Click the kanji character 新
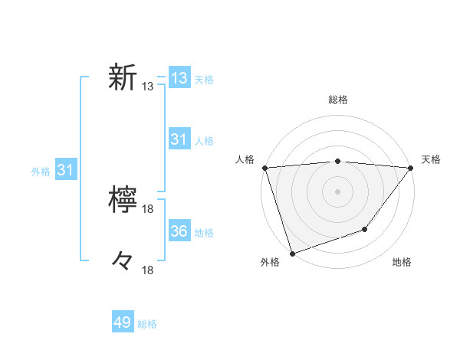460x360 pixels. (x=123, y=77)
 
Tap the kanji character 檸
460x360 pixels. (x=123, y=200)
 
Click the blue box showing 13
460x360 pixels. (x=179, y=78)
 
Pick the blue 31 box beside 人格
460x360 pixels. (x=179, y=139)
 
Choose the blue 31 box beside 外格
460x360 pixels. (x=65, y=170)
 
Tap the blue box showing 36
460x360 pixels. (x=179, y=231)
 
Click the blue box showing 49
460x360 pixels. (x=123, y=322)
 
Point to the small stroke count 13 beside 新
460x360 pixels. (x=148, y=87)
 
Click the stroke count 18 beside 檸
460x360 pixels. (x=148, y=209)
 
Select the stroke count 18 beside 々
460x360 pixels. (x=148, y=270)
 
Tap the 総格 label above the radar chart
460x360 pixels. (x=337, y=100)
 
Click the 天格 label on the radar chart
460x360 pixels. (x=431, y=159)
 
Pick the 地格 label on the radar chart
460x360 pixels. (x=402, y=263)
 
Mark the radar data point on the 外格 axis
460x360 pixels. (x=292, y=253)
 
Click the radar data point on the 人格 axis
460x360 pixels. (x=264, y=168)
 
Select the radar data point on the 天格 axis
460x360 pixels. (x=410, y=168)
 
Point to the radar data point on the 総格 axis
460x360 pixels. (x=337, y=161)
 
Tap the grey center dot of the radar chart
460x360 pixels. (x=337, y=191)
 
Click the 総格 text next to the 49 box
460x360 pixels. (x=147, y=324)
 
